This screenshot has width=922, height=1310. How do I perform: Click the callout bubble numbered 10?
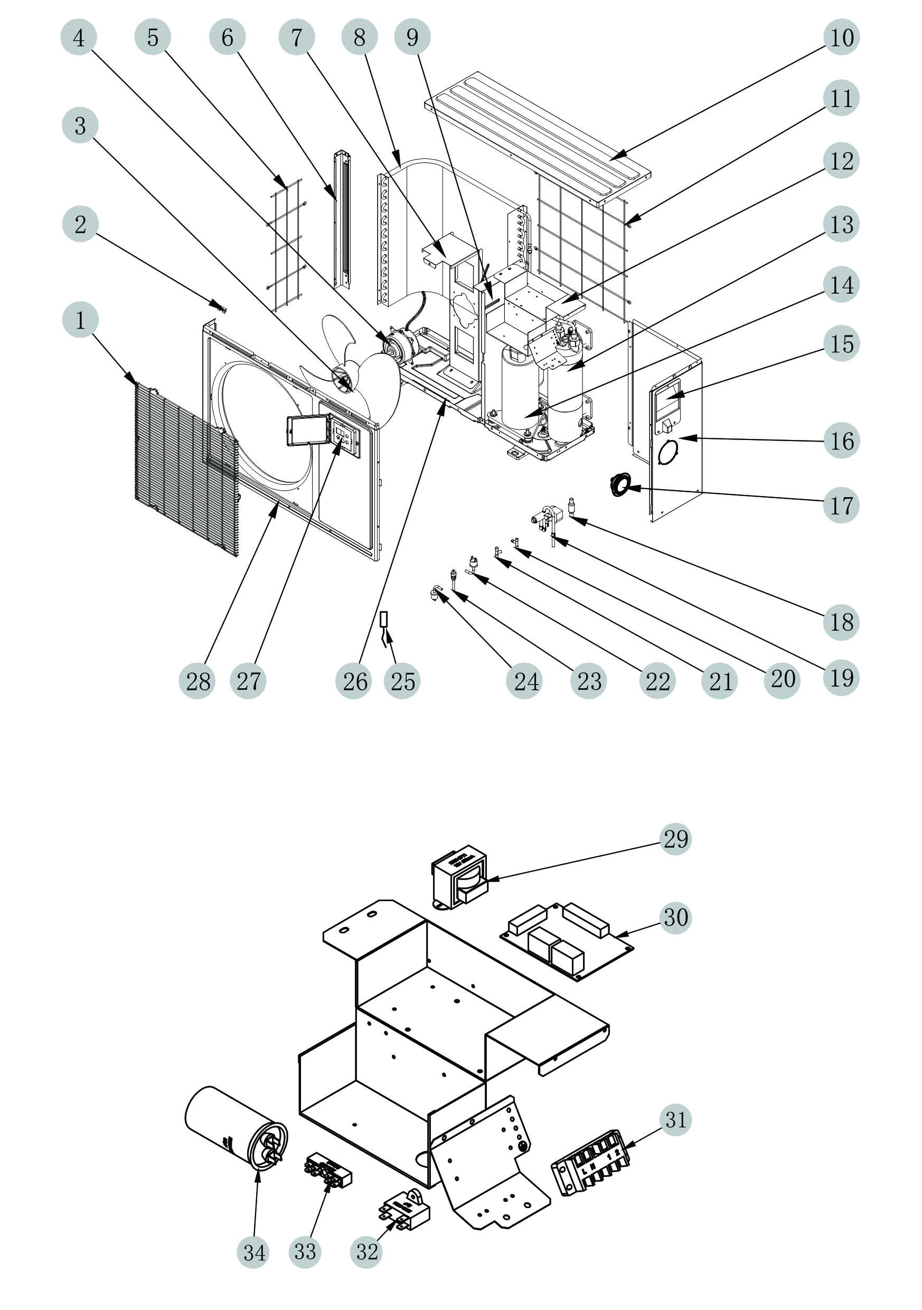pyautogui.click(x=842, y=37)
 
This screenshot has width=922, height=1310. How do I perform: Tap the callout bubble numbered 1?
pyautogui.click(x=80, y=320)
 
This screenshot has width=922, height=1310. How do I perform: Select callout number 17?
pyautogui.click(x=841, y=505)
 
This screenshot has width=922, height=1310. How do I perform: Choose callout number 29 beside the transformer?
pyautogui.click(x=675, y=839)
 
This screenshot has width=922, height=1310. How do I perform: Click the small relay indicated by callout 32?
pyautogui.click(x=405, y=1212)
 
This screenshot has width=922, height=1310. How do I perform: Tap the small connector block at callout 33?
pyautogui.click(x=328, y=1169)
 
